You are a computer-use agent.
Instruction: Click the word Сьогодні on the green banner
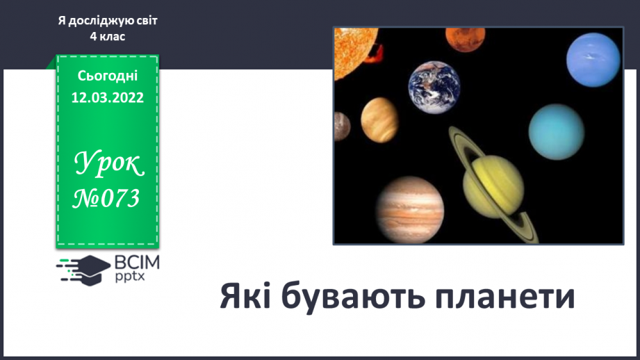[x=107, y=76]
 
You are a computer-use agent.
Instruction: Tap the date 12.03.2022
[x=107, y=97]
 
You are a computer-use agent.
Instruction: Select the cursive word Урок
[x=108, y=164]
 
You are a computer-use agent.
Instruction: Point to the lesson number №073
[x=106, y=199]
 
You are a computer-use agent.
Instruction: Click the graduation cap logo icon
[x=83, y=270]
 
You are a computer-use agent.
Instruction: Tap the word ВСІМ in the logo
[x=137, y=263]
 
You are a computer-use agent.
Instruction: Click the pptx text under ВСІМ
[x=130, y=277]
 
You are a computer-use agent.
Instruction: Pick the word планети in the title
[x=504, y=297]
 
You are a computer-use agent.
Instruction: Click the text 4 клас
[x=107, y=37]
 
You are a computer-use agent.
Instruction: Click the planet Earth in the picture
[x=434, y=88]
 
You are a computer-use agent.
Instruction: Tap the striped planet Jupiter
[x=410, y=210]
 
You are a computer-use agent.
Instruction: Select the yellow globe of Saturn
[x=493, y=187]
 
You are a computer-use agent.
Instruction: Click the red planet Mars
[x=466, y=39]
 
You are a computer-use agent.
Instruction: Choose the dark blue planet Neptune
[x=593, y=60]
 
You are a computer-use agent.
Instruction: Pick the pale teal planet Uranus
[x=557, y=132]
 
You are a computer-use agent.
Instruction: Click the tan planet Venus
[x=379, y=120]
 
